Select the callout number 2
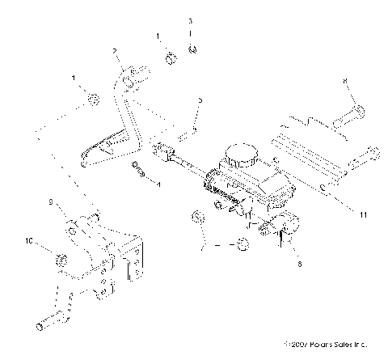click(x=116, y=52)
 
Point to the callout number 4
click(x=158, y=184)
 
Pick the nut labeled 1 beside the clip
click(x=171, y=58)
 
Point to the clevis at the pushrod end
click(x=162, y=150)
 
